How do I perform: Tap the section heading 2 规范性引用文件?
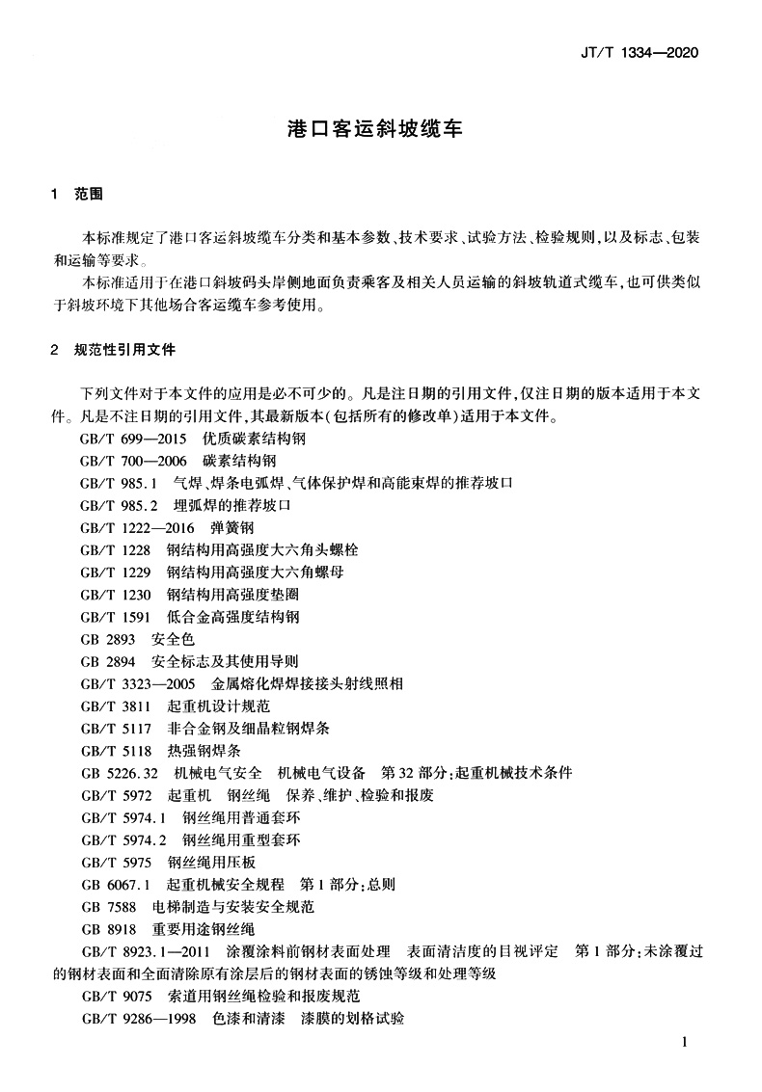113,349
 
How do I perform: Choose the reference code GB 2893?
108,639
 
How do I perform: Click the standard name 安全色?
174,639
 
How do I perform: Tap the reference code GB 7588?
108,907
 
